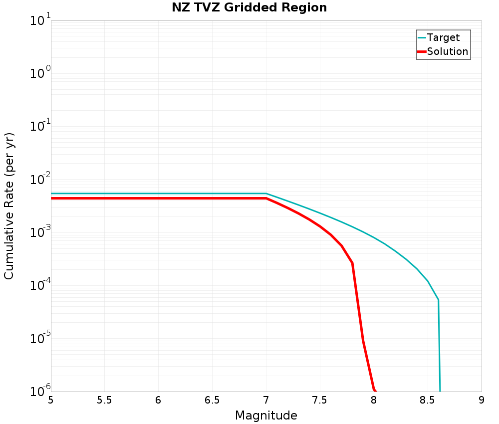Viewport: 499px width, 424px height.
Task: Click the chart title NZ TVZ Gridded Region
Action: (x=249, y=7)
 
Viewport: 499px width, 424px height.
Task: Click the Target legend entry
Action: (x=443, y=37)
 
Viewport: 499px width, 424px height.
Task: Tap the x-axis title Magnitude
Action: (x=266, y=415)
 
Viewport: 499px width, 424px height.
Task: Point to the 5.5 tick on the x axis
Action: (x=104, y=400)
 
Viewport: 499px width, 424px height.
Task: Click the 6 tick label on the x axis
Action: (x=158, y=400)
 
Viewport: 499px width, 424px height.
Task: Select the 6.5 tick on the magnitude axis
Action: (x=212, y=400)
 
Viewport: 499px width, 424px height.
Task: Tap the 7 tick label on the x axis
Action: (x=266, y=400)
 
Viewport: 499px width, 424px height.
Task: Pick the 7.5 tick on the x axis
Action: (x=320, y=400)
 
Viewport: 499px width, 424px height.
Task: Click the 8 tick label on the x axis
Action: (x=374, y=400)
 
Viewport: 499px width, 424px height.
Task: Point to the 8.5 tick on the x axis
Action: (x=428, y=400)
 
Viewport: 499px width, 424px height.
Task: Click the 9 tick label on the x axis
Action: (x=482, y=400)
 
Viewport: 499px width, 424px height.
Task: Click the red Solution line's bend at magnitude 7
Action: (x=266, y=199)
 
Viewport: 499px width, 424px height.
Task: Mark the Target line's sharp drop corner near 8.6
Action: (x=438, y=300)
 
